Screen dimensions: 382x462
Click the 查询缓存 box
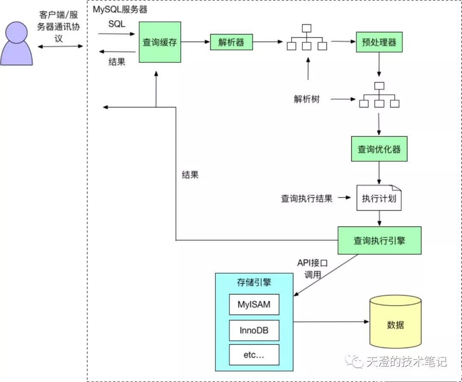pyautogui.click(x=160, y=42)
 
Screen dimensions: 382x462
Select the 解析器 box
pyautogui.click(x=231, y=42)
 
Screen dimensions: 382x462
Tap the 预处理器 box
pyautogui.click(x=379, y=42)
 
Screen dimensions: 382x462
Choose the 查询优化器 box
pyautogui.click(x=379, y=149)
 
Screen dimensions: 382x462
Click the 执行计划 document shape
pyautogui.click(x=379, y=198)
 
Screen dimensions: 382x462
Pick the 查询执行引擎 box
pyautogui.click(x=379, y=240)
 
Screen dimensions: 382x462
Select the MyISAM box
pyautogui.click(x=254, y=305)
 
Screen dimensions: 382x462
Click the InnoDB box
pyautogui.click(x=254, y=331)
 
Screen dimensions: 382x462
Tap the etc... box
pyautogui.click(x=254, y=355)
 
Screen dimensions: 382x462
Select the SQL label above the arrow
pyautogui.click(x=117, y=24)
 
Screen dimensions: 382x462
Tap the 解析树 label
pyautogui.click(x=306, y=99)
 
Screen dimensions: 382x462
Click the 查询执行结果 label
pyautogui.click(x=306, y=198)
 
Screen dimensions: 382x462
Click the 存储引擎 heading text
pyautogui.click(x=254, y=283)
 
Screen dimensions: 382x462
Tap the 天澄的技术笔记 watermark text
pyautogui.click(x=406, y=361)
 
